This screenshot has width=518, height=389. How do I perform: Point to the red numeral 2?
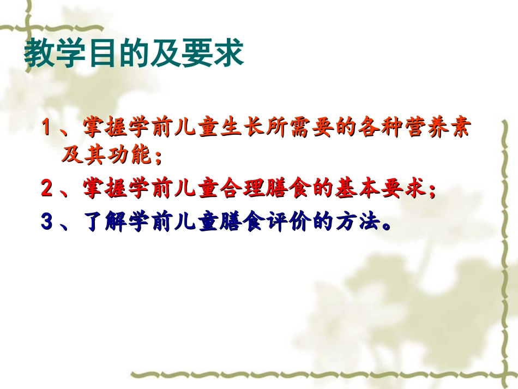[47, 189]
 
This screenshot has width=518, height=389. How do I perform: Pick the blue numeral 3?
[47, 222]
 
